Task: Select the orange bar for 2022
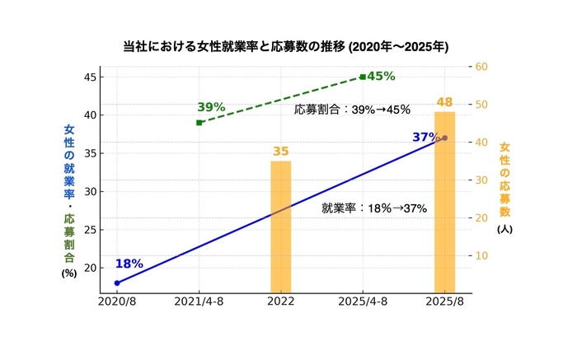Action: [x=281, y=227]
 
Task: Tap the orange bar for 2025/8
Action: [x=445, y=202]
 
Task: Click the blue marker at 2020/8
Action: [x=117, y=283]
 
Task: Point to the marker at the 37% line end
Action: [x=445, y=138]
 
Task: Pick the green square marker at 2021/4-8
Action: [x=199, y=123]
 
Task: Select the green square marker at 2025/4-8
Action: [x=363, y=77]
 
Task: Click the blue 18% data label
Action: [x=129, y=264]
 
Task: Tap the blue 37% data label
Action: [x=425, y=137]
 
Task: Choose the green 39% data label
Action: [x=211, y=107]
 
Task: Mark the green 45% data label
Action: [x=381, y=76]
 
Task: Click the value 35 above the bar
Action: [x=281, y=152]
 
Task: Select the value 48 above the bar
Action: [x=445, y=102]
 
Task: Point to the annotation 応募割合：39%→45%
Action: [x=352, y=110]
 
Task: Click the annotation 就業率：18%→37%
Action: [x=374, y=208]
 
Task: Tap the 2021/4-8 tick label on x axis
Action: [x=199, y=302]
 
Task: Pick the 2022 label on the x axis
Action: [x=281, y=302]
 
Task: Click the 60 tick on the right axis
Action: [x=482, y=67]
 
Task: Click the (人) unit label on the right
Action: [x=504, y=229]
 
